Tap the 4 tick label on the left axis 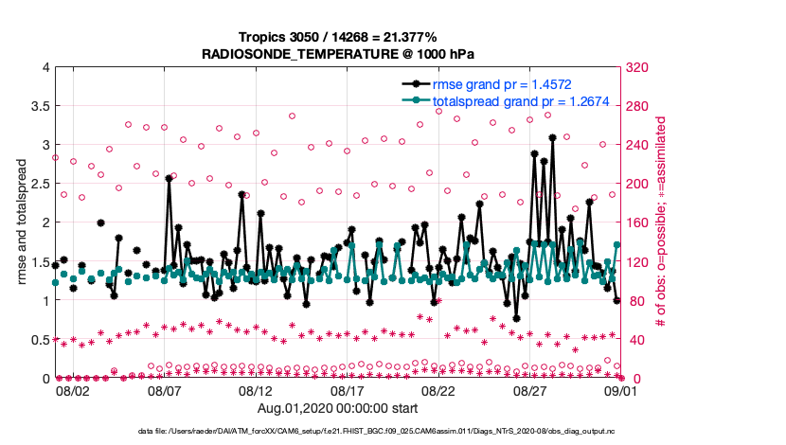point(44,67)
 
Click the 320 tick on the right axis point(636,67)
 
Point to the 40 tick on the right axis point(633,340)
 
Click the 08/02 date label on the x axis point(73,390)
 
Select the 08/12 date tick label point(256,390)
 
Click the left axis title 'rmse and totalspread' point(21,222)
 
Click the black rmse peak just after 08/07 point(169,178)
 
